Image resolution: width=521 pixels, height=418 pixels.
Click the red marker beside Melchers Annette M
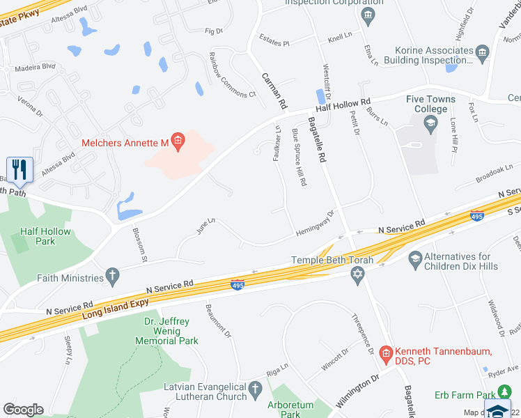(x=178, y=143)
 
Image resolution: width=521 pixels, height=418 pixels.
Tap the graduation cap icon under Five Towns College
(x=430, y=125)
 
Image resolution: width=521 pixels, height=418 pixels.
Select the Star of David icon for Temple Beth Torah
(x=358, y=276)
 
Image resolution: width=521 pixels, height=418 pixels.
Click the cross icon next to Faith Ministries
(x=113, y=277)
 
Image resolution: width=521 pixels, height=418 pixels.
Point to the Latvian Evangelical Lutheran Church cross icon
(x=256, y=387)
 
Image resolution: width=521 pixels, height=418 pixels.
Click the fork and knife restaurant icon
(x=19, y=169)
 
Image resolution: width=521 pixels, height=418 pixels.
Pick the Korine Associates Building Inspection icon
(x=481, y=52)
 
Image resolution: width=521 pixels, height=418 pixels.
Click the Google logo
(x=23, y=410)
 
